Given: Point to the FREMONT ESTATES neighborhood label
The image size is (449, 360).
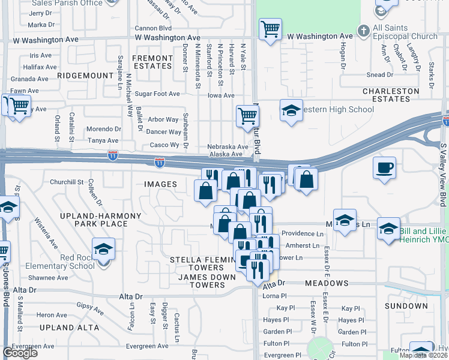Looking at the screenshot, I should point(152,62).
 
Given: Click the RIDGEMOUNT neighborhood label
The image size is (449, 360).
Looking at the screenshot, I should point(85,76).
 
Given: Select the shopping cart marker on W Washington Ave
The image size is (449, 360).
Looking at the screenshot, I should point(270,28).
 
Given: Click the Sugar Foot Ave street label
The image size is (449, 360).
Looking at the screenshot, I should point(157,94).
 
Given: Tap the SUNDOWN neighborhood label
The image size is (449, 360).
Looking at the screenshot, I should point(406,306).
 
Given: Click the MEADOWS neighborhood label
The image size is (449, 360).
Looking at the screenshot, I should point(327,283).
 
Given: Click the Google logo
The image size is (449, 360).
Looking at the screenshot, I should point(20,353).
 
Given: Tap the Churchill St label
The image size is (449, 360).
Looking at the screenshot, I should point(67,182).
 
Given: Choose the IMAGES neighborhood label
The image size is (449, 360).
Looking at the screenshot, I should point(160,184).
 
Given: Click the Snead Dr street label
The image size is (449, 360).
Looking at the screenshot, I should point(380,75).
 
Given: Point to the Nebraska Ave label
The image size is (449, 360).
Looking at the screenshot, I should point(228,146).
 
